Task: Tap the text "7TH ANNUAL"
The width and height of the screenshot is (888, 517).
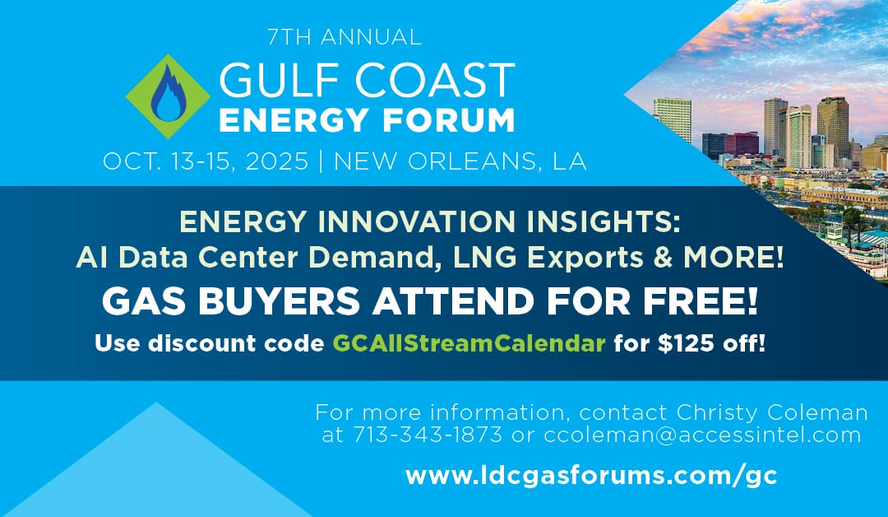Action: pyautogui.click(x=345, y=37)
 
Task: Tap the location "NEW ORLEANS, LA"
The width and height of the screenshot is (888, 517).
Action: pyautogui.click(x=460, y=161)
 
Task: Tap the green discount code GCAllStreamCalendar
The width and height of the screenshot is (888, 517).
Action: pyautogui.click(x=469, y=342)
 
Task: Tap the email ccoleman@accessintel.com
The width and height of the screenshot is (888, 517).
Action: pyautogui.click(x=702, y=435)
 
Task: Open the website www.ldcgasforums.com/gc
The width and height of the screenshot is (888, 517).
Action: pyautogui.click(x=591, y=476)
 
